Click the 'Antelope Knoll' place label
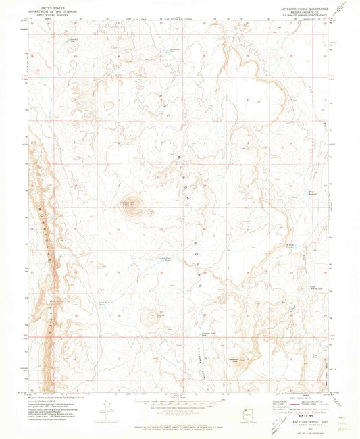[126, 202]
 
